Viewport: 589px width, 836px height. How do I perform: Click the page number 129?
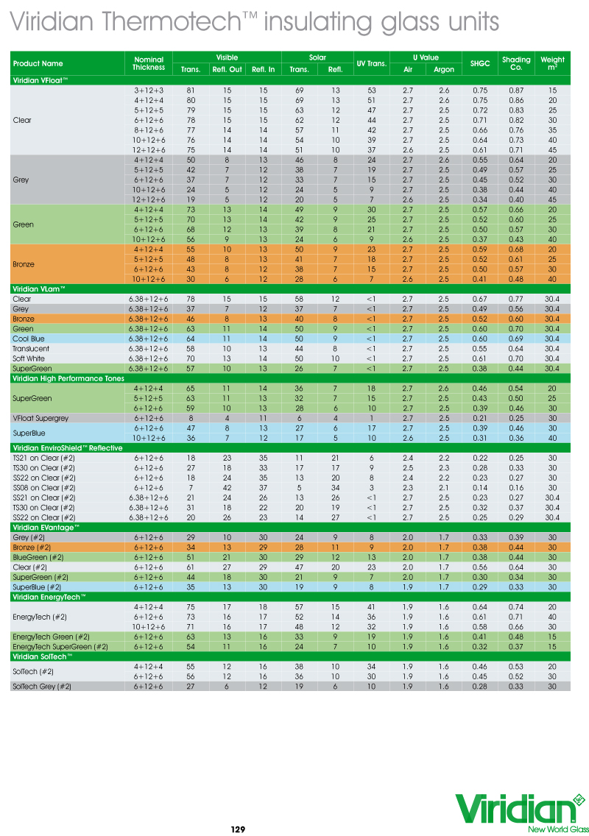[x=238, y=829]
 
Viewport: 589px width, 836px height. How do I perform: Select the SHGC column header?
[x=480, y=64]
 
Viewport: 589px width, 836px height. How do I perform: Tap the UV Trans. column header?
[x=372, y=64]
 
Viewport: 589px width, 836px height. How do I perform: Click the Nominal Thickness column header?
[x=149, y=64]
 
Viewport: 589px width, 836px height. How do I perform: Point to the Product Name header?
[x=38, y=64]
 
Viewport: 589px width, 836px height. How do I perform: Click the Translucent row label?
[x=32, y=348]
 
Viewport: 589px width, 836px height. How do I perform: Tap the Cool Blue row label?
[x=30, y=339]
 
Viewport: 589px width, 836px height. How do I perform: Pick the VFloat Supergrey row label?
[x=40, y=418]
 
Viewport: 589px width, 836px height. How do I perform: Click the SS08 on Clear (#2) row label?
[x=43, y=487]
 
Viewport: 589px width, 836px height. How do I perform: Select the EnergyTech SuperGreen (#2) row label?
[x=60, y=646]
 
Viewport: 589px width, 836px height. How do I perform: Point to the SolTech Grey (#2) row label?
[x=42, y=686]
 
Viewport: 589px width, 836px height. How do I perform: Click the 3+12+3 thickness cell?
[x=149, y=90]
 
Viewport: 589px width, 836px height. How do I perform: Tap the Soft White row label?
[x=30, y=358]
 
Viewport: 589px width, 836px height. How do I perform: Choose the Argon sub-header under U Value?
[x=444, y=70]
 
